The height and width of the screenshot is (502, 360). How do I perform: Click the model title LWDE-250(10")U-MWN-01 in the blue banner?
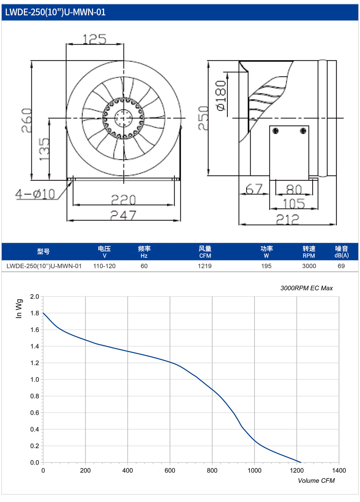(x=55, y=12)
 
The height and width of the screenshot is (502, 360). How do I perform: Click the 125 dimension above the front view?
(x=94, y=39)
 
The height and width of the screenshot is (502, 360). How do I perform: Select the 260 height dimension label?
(x=26, y=121)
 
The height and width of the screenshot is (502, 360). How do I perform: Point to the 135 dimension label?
(x=44, y=149)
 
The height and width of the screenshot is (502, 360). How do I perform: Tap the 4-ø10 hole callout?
(x=35, y=194)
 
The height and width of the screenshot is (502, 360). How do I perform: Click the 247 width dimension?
(x=123, y=215)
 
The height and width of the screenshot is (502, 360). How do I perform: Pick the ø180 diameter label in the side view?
(x=221, y=96)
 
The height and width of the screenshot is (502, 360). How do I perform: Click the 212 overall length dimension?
(x=287, y=219)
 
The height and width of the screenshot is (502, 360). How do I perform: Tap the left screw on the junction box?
(x=276, y=130)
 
